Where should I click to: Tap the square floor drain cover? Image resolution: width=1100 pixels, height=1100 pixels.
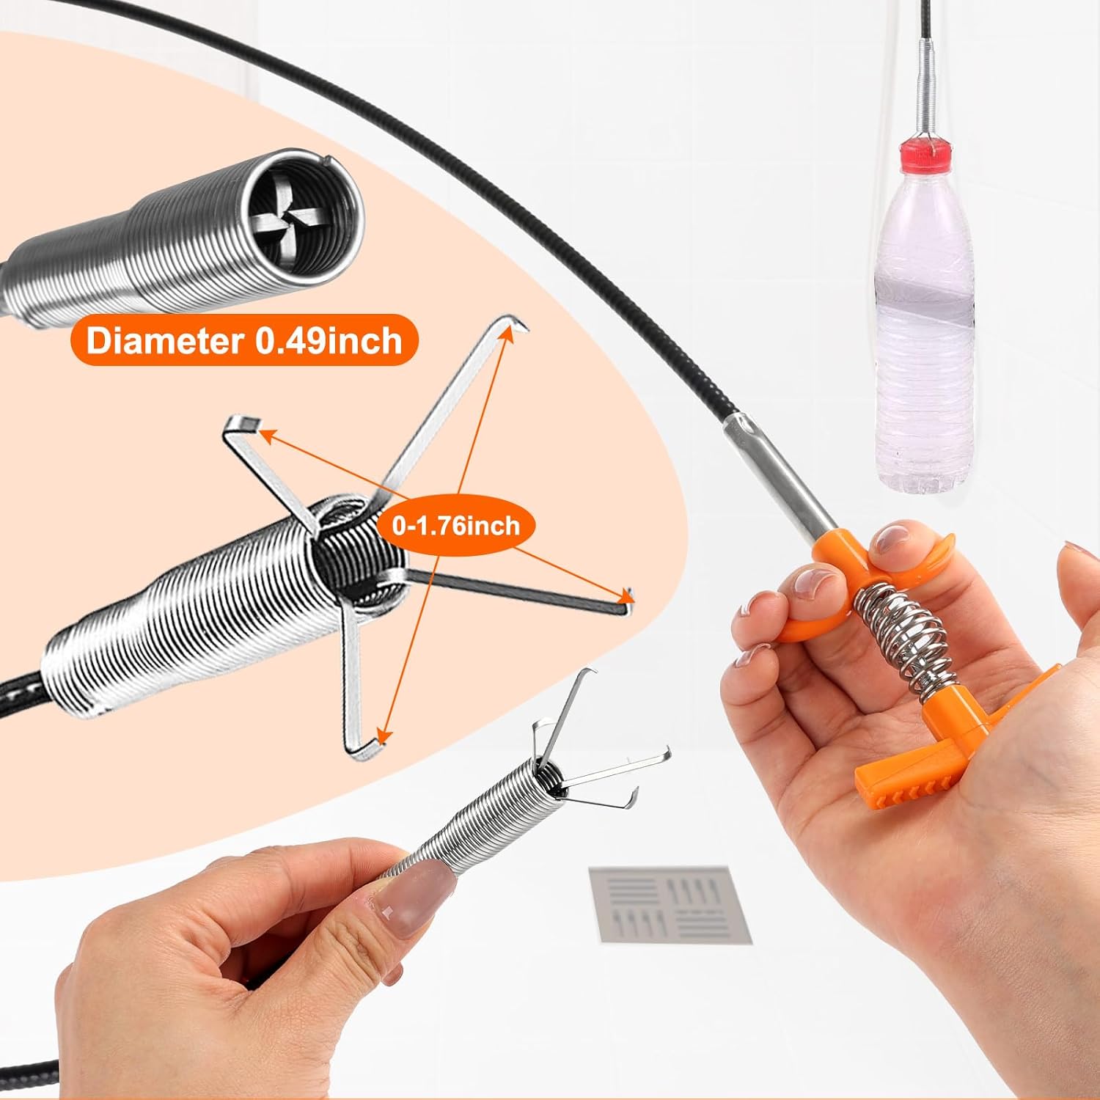(669, 903)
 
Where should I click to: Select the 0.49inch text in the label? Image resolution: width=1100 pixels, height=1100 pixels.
(329, 341)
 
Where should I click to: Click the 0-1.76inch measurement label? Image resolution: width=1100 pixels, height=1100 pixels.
(455, 525)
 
